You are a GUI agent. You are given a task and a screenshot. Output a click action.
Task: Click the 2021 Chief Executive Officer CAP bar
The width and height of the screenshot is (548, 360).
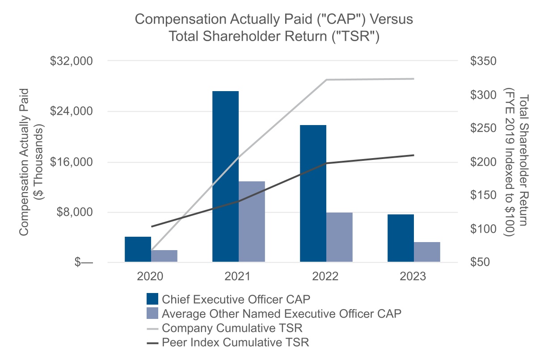225,176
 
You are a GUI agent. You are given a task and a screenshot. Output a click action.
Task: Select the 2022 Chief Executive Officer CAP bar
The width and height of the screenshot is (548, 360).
313,193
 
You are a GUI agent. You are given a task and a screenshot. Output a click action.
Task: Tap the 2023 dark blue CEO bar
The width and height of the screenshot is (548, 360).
400,238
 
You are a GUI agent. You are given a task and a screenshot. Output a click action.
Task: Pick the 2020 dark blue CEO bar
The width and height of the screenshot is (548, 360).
138,249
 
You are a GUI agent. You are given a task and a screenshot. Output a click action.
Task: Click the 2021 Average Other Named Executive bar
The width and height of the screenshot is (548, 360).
252,222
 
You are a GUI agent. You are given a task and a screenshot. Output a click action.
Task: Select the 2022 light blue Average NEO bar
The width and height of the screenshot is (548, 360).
339,237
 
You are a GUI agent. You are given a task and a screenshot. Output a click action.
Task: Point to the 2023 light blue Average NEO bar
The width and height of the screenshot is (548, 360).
427,252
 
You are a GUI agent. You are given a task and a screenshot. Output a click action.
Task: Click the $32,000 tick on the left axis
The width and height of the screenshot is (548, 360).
73,61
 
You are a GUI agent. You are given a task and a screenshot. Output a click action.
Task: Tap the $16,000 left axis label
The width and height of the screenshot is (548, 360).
73,162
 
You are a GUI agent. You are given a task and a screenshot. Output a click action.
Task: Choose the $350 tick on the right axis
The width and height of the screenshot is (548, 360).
483,61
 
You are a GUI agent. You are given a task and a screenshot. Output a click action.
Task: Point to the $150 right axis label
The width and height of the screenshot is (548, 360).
483,195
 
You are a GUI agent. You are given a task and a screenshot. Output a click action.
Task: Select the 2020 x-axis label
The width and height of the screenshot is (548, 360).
151,276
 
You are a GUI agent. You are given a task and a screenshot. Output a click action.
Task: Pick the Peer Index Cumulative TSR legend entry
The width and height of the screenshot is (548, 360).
236,343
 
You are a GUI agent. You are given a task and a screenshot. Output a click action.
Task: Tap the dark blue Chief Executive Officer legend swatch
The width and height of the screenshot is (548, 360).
152,299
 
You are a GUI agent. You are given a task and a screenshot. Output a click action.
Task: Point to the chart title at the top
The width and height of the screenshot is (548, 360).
274,28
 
